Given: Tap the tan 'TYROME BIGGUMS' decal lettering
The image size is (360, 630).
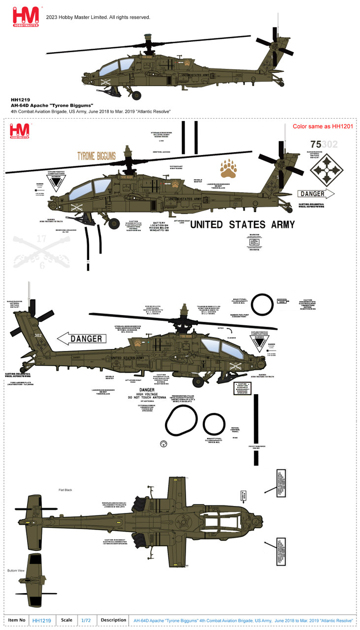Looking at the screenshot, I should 97,157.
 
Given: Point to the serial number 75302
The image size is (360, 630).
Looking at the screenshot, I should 324,144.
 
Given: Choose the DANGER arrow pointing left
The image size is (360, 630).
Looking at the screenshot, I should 82,339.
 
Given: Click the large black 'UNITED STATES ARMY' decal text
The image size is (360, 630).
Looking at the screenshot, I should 242,225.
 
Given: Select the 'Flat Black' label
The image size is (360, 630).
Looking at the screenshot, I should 65,490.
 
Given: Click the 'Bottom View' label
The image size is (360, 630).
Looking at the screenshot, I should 15,570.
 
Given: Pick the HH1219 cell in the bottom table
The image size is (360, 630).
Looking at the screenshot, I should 41,621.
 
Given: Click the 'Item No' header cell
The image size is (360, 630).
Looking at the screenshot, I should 16,620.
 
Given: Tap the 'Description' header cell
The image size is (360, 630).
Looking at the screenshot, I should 114,620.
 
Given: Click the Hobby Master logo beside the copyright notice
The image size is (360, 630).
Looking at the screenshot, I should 22,16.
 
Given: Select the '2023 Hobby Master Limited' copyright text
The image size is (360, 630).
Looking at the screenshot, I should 98,17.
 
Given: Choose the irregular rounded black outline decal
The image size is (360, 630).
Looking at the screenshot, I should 181,422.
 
